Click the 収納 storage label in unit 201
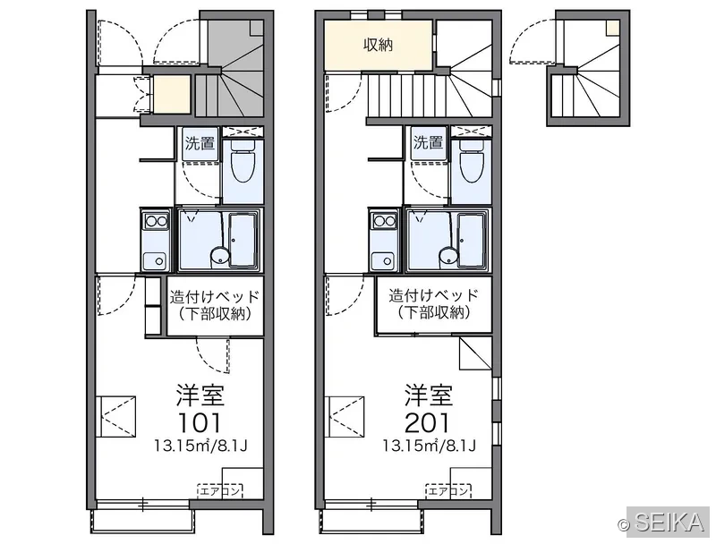click(x=378, y=45)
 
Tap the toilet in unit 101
click(x=243, y=164)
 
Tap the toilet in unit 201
click(x=472, y=164)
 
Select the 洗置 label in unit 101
click(x=200, y=143)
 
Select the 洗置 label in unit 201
click(x=429, y=143)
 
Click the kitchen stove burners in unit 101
click(x=156, y=222)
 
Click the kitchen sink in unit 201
click(x=384, y=261)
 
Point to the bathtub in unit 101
click(x=243, y=240)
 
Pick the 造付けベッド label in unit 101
click(x=215, y=297)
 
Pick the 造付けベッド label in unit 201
click(x=434, y=295)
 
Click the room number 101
click(x=200, y=423)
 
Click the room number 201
click(x=428, y=423)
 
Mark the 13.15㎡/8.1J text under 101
click(x=200, y=446)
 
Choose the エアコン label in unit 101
click(x=220, y=491)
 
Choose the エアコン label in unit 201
click(x=448, y=491)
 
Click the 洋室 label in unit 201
click(x=429, y=395)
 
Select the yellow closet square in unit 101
click(x=171, y=95)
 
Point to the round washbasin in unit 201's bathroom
click(x=448, y=257)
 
